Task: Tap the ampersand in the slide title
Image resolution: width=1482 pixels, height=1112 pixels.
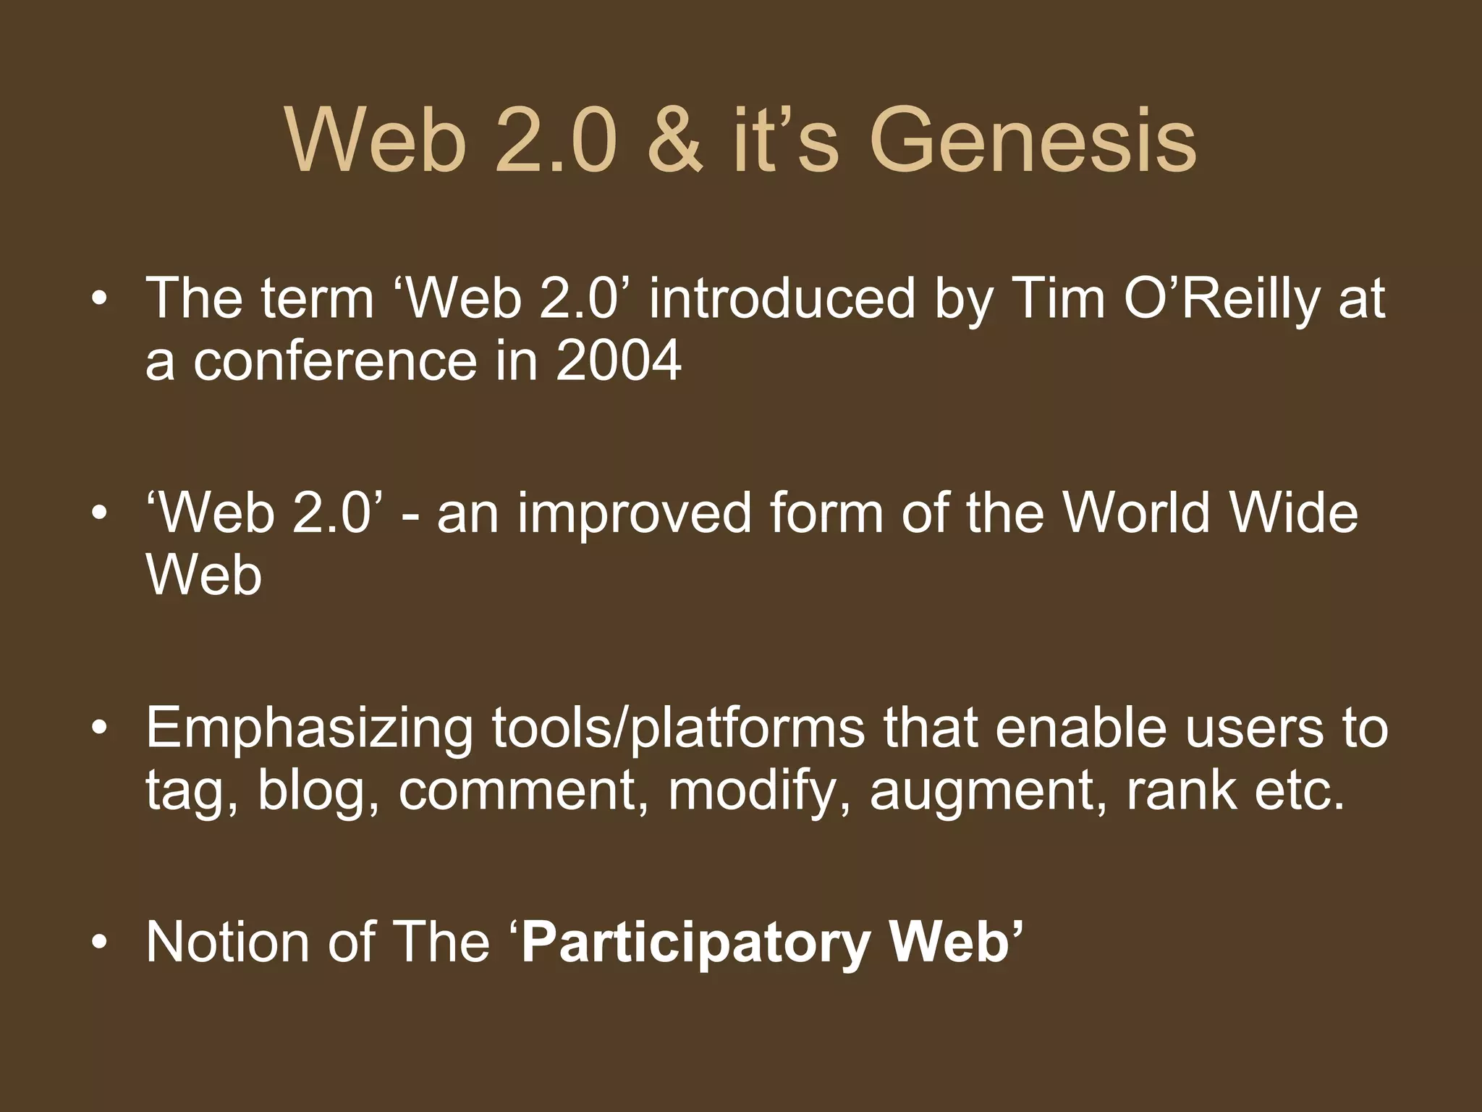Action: tap(674, 139)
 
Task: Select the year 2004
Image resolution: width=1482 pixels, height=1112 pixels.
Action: tap(619, 361)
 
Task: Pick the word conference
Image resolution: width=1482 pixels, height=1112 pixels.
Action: tap(335, 361)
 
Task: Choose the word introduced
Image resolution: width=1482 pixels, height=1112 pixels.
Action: tap(782, 298)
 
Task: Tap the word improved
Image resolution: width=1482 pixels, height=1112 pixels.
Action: tap(634, 513)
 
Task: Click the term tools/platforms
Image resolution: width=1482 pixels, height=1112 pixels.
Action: tap(679, 728)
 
